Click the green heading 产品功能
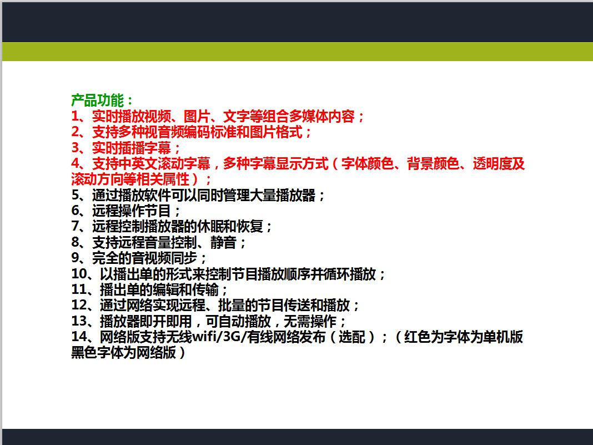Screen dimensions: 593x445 (97, 100)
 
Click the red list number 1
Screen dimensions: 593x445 (76, 116)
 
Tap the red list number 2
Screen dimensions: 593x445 (76, 132)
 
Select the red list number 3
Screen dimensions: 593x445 (76, 148)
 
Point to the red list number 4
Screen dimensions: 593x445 (76, 163)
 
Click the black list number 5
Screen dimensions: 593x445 (76, 195)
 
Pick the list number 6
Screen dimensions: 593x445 (76, 211)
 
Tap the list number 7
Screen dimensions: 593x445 (76, 227)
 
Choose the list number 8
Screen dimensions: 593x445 (76, 243)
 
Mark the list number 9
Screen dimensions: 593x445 (76, 258)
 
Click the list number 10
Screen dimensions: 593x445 (79, 274)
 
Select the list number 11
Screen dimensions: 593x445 (79, 290)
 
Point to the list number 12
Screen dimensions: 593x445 (79, 306)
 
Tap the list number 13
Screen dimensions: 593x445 (79, 321)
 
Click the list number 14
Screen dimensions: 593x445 (79, 337)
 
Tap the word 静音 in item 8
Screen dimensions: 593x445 (223, 243)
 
